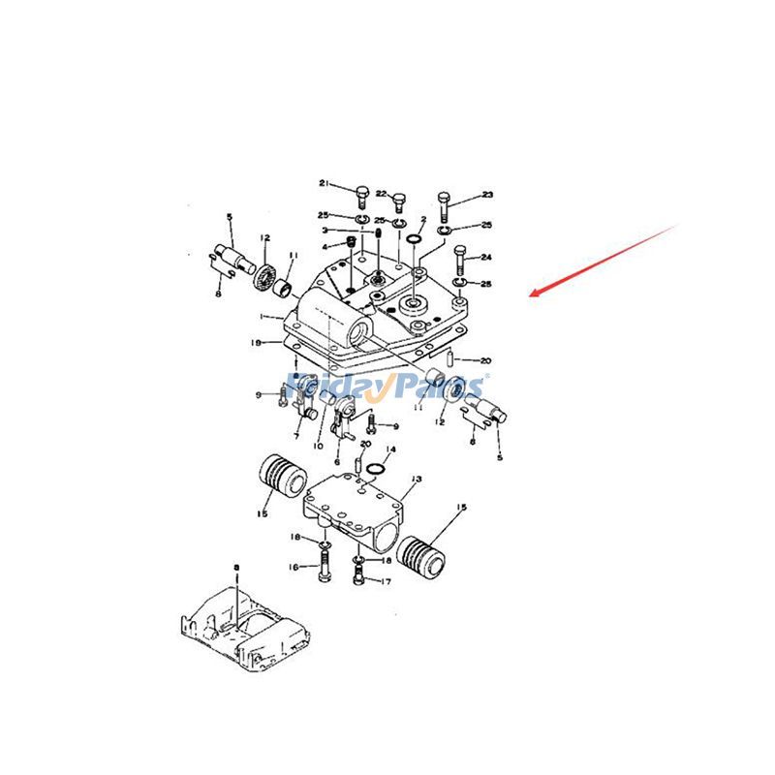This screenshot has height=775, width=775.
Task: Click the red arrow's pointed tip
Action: tap(532, 294)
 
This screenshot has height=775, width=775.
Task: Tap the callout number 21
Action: tap(325, 184)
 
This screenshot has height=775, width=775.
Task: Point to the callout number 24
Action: tap(486, 258)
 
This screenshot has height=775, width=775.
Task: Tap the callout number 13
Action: tap(417, 479)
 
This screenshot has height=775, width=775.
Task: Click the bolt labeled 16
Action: tap(322, 569)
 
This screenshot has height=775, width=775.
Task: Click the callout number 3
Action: tap(325, 231)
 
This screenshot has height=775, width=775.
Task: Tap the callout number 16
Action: tap(293, 570)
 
